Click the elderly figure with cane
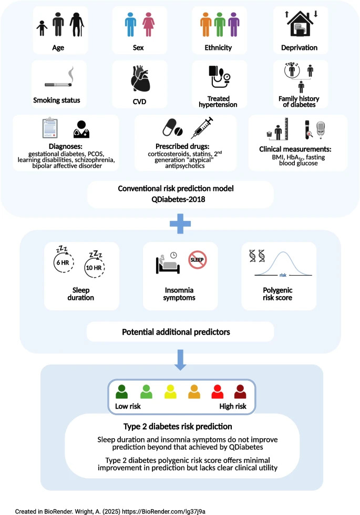pos(77,25)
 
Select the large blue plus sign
pos(180,223)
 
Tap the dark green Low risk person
pos(122,392)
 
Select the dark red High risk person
pos(240,392)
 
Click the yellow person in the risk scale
pos(169,392)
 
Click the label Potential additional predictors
pos(180,332)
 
